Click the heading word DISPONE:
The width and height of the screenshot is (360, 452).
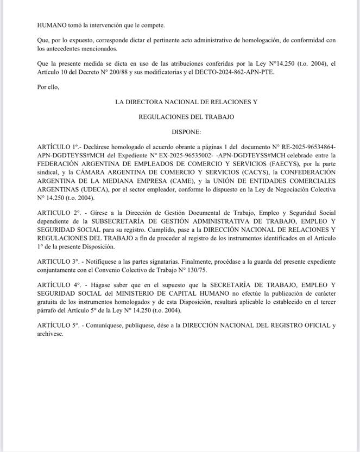187,132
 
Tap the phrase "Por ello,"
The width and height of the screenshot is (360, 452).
48,86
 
